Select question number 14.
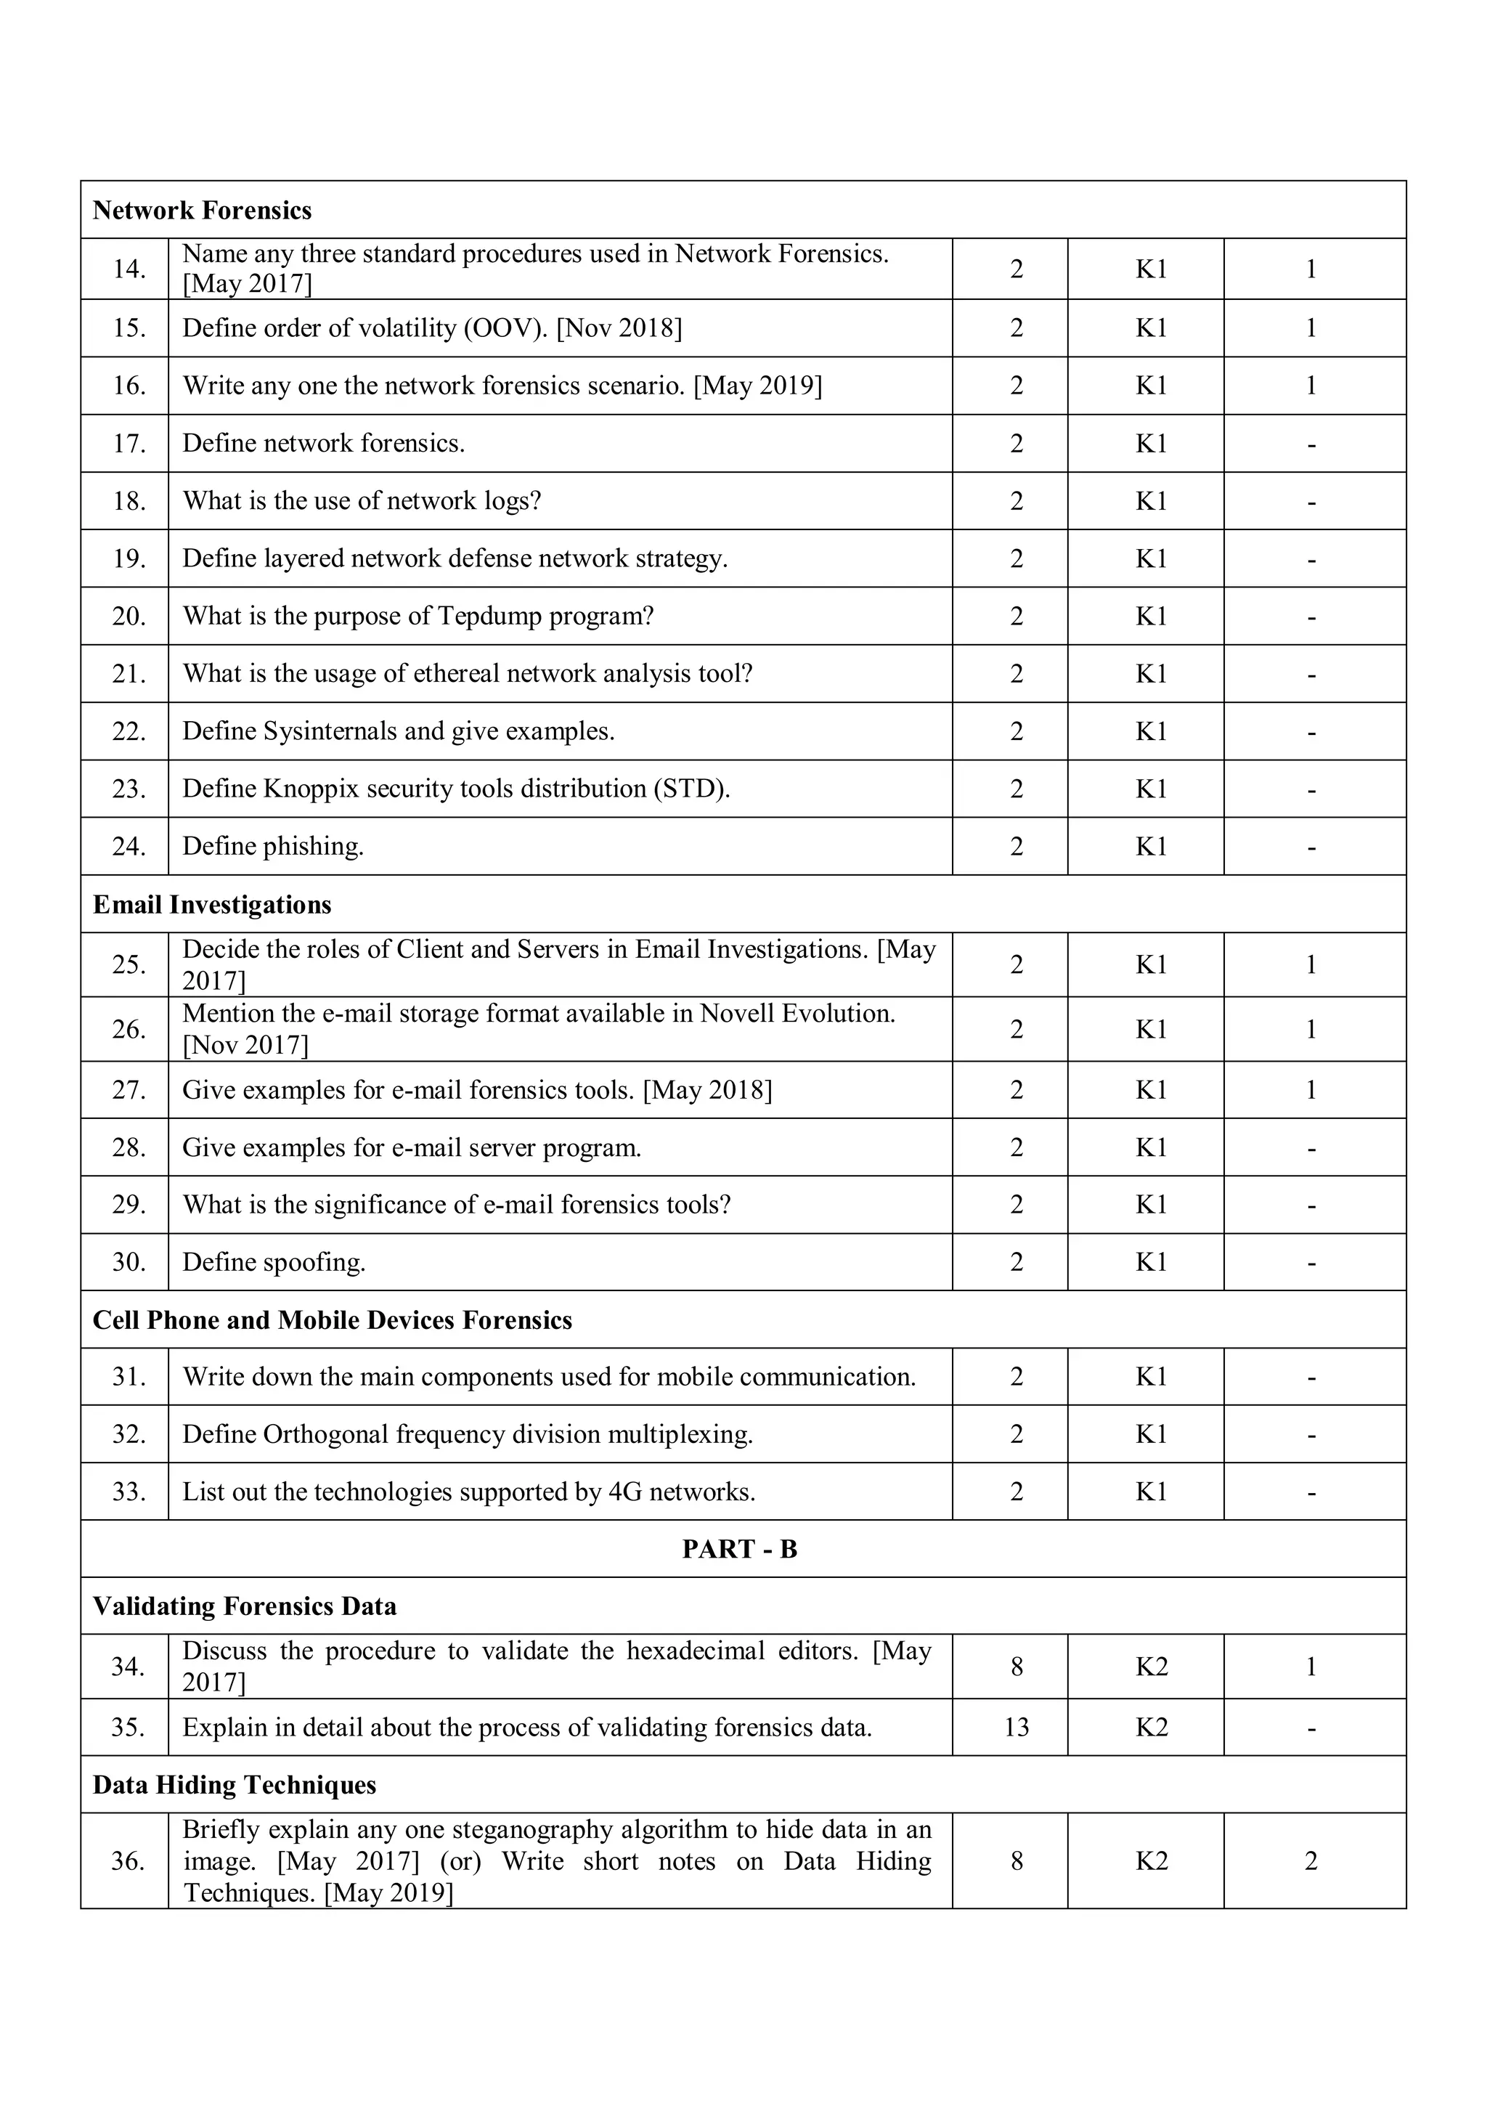tap(129, 269)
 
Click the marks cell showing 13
tap(1017, 1728)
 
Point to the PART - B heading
tap(740, 1549)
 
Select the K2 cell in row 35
tap(1151, 1728)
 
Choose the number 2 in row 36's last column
tap(1311, 1861)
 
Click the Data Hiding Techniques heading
tap(235, 1785)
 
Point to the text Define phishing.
tap(273, 846)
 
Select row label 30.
tap(129, 1262)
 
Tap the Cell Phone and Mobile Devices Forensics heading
tap(333, 1320)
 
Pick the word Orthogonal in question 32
tap(326, 1434)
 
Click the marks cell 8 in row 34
tap(1017, 1667)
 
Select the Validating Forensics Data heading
tap(245, 1606)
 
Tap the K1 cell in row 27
tap(1151, 1090)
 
